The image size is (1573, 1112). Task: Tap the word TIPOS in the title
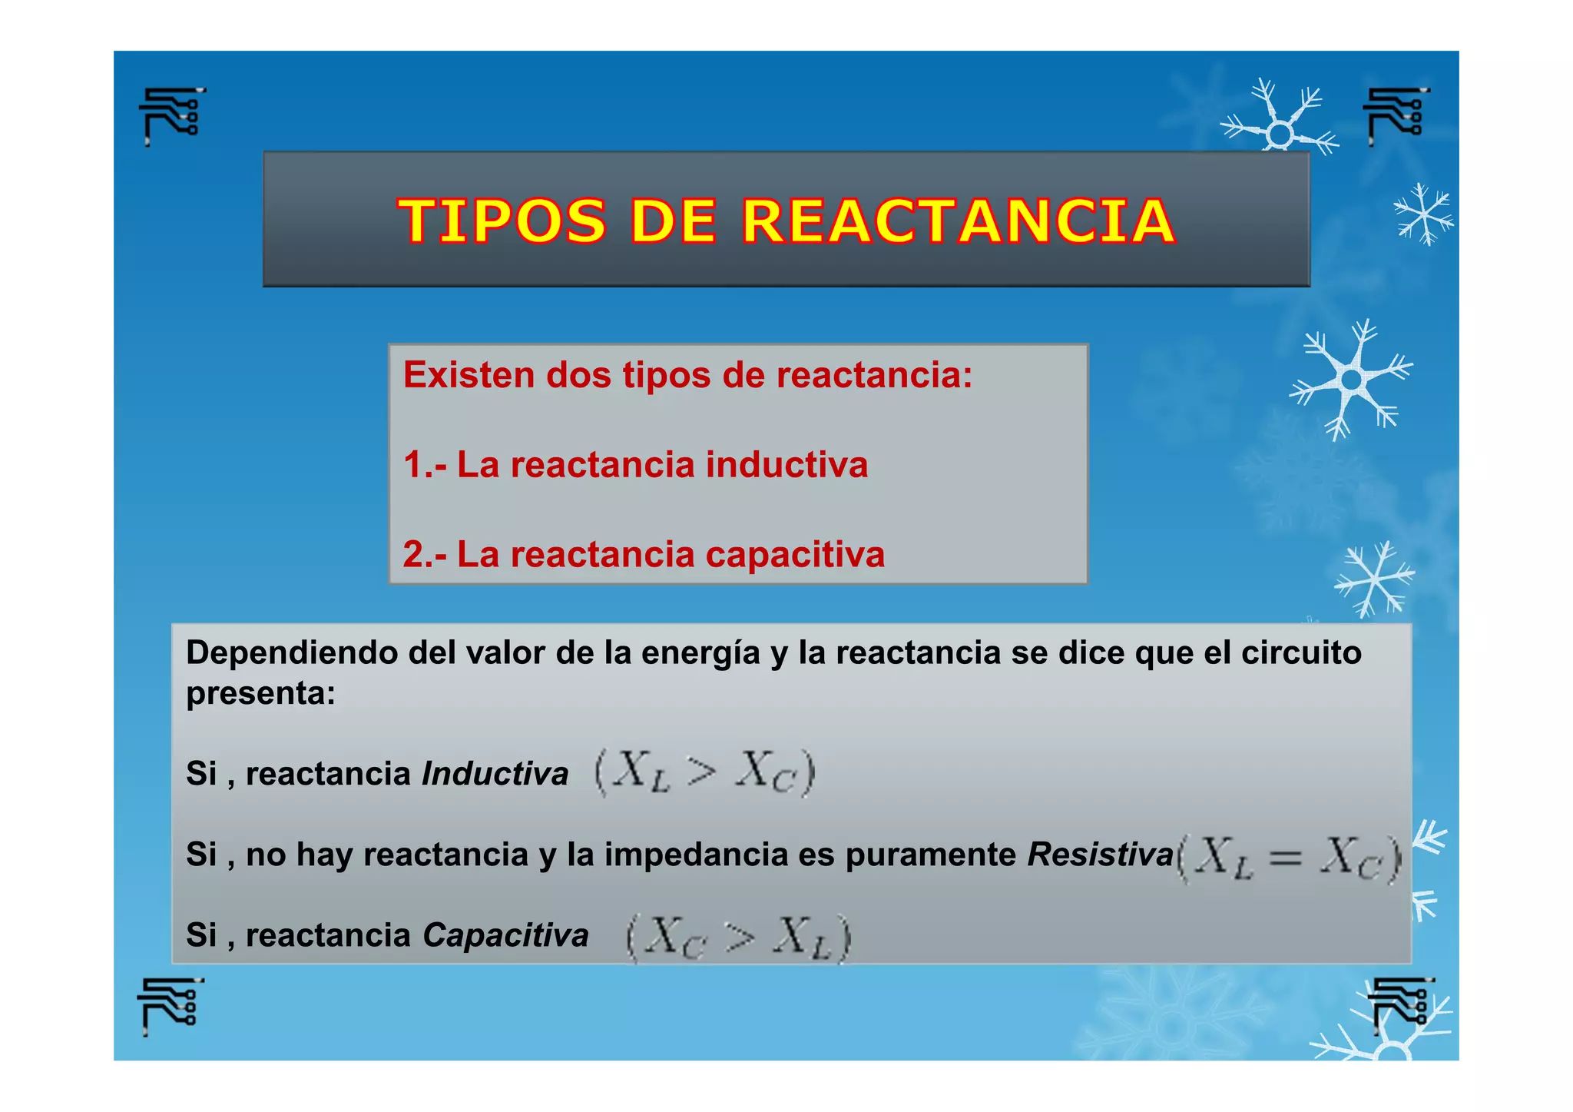[502, 221]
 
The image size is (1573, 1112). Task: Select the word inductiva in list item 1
[786, 465]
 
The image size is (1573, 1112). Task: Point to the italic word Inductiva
[495, 774]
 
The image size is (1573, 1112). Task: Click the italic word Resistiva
[1100, 855]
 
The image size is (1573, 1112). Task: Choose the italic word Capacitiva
[505, 935]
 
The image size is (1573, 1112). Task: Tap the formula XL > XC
[704, 772]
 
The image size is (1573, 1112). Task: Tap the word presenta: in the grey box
[260, 694]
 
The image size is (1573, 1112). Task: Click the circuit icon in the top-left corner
[172, 115]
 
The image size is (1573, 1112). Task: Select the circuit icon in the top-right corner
[1396, 115]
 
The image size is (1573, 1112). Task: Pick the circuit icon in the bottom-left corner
[171, 1005]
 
